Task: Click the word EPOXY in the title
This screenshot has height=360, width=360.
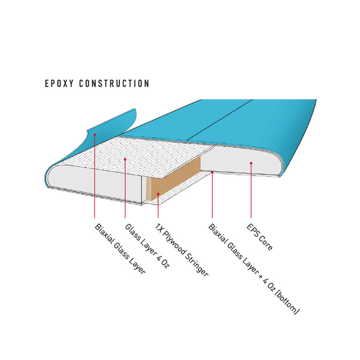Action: tap(59, 83)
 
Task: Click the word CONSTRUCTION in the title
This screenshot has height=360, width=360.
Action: tap(114, 83)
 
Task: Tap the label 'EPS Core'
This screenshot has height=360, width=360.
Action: tap(260, 237)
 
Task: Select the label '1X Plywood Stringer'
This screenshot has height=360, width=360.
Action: tap(181, 250)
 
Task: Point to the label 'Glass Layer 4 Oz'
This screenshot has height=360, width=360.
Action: tap(147, 246)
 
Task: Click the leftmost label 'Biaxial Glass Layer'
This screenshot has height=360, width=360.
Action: tap(120, 249)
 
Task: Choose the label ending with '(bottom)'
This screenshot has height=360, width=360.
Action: tap(254, 269)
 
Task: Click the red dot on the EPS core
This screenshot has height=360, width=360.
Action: tap(251, 163)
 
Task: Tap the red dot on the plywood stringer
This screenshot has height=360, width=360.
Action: tap(158, 194)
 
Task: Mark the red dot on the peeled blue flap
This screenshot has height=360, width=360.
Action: tap(94, 134)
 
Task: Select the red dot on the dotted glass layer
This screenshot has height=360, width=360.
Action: tap(125, 159)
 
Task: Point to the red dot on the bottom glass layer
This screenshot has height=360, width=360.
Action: tap(212, 172)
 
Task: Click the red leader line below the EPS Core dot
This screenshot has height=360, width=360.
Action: tap(251, 190)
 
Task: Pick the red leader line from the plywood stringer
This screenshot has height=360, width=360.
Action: tap(158, 206)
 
